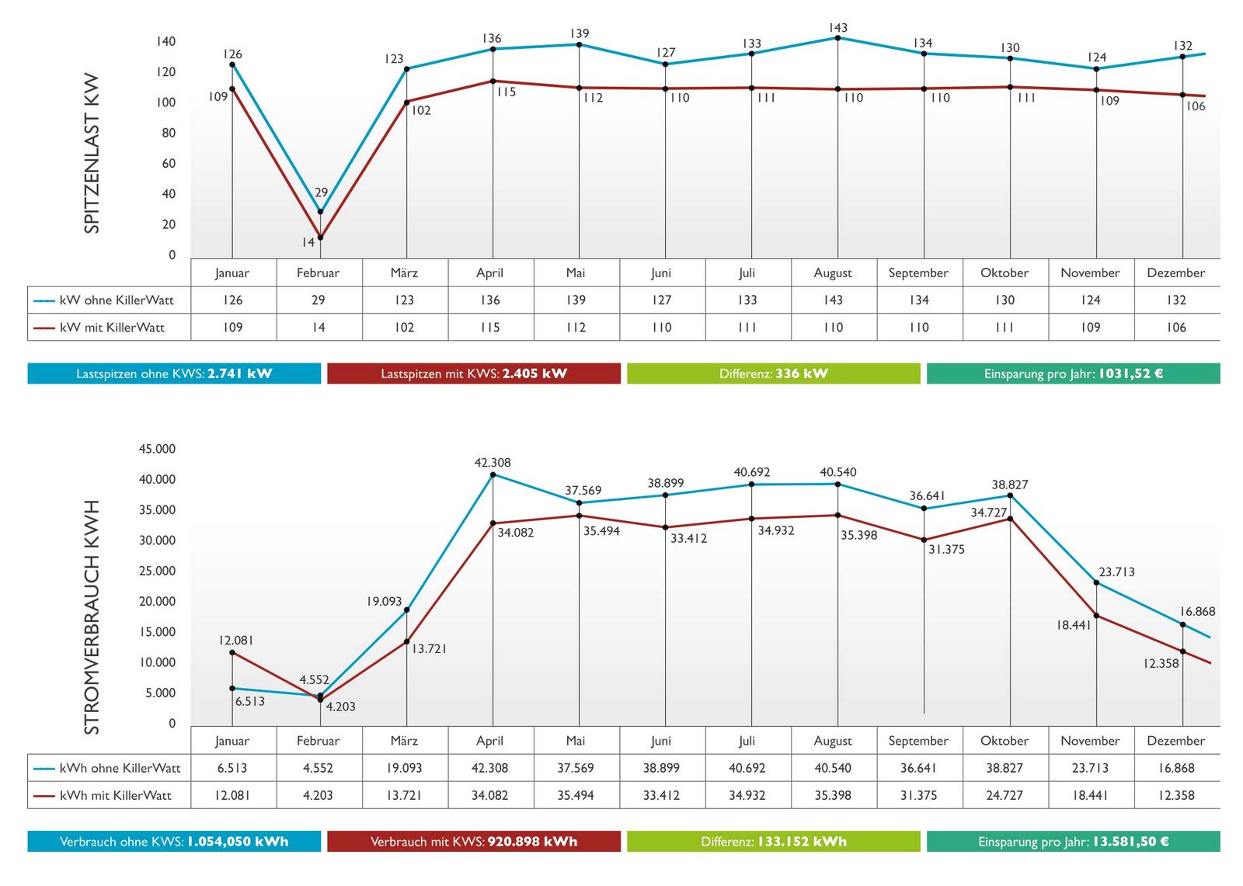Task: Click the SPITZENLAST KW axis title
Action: (x=92, y=153)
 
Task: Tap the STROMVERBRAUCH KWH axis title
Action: (x=92, y=617)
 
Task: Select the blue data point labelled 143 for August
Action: (x=837, y=38)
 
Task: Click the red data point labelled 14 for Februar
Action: (x=320, y=238)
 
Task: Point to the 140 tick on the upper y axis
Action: (x=166, y=41)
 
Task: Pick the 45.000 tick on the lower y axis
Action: (x=157, y=449)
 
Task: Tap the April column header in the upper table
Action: (x=489, y=273)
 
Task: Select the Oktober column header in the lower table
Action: (x=1004, y=741)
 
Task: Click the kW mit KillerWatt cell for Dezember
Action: (x=1176, y=327)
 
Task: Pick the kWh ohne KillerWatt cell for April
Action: (x=489, y=768)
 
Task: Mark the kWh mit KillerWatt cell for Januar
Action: (x=232, y=795)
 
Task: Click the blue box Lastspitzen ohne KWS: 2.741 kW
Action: (x=174, y=374)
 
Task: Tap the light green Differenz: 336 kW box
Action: (x=773, y=374)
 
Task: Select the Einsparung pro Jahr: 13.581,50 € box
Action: (x=1073, y=841)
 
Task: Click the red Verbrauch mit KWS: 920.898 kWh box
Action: (x=473, y=841)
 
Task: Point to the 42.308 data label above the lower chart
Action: (x=493, y=463)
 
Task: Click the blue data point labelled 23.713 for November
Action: (x=1096, y=582)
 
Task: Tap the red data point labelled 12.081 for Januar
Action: (x=232, y=652)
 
